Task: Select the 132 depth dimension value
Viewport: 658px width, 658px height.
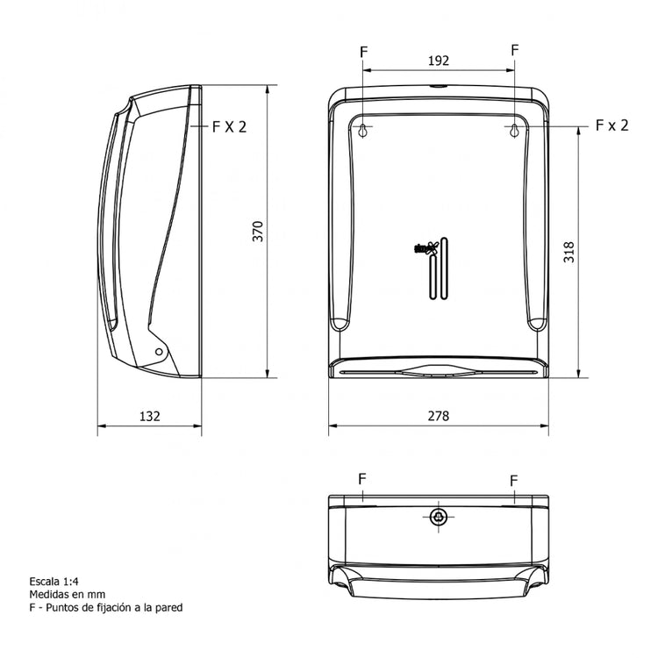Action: tap(150, 416)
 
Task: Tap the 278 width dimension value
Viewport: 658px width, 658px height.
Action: tap(439, 416)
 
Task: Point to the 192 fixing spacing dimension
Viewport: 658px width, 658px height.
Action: tap(439, 61)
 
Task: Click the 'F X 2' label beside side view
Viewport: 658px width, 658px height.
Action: tap(229, 126)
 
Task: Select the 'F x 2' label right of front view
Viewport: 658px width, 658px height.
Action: tap(612, 125)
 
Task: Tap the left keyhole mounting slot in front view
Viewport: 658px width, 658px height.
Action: tap(362, 130)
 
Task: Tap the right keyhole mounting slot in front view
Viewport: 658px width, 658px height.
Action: tap(514, 130)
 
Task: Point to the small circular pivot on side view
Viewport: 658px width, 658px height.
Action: tap(159, 351)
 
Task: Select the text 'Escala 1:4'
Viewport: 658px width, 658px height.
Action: tap(55, 581)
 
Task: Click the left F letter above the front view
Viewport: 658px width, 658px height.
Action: tap(363, 51)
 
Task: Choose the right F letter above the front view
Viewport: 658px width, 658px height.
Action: tap(514, 51)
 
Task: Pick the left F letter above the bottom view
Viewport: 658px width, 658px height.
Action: tap(362, 478)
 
